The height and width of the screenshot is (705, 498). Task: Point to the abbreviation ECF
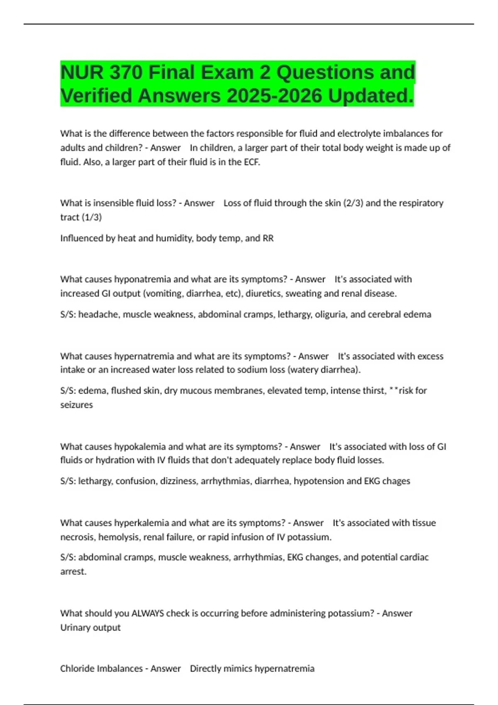(251, 162)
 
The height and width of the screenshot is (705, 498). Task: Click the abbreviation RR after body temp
(268, 238)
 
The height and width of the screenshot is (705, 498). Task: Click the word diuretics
(261, 294)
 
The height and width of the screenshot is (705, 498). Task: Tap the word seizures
(76, 405)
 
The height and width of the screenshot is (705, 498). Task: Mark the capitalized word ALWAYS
(147, 613)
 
